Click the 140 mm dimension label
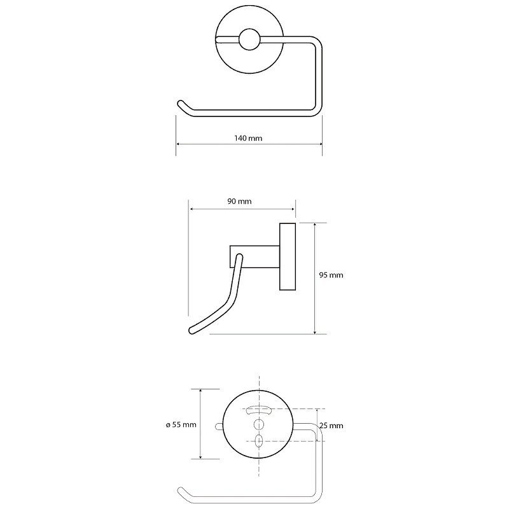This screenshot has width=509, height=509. click(x=248, y=138)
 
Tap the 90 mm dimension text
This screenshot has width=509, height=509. click(x=239, y=201)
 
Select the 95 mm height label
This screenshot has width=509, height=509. click(x=331, y=275)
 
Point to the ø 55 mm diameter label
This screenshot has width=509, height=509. click(x=181, y=424)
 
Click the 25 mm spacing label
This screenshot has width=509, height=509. click(x=331, y=426)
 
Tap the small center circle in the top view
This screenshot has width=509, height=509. click(x=249, y=39)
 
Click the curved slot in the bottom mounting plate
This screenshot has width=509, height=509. click(x=259, y=410)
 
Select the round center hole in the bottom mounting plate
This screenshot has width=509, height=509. click(x=259, y=424)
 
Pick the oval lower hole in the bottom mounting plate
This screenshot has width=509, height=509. click(x=259, y=440)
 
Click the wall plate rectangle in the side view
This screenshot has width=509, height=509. click(x=288, y=256)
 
